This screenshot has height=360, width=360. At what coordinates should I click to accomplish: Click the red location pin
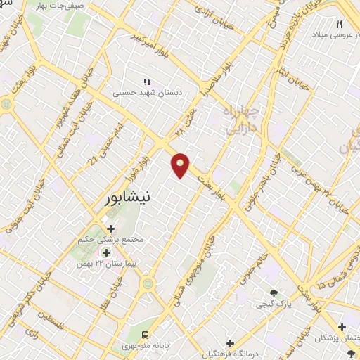click(181, 164)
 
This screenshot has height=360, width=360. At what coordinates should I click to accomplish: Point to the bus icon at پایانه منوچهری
click(146, 335)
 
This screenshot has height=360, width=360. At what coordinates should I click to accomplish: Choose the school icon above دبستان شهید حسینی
click(147, 82)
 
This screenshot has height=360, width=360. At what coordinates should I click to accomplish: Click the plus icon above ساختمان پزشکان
click(342, 327)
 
